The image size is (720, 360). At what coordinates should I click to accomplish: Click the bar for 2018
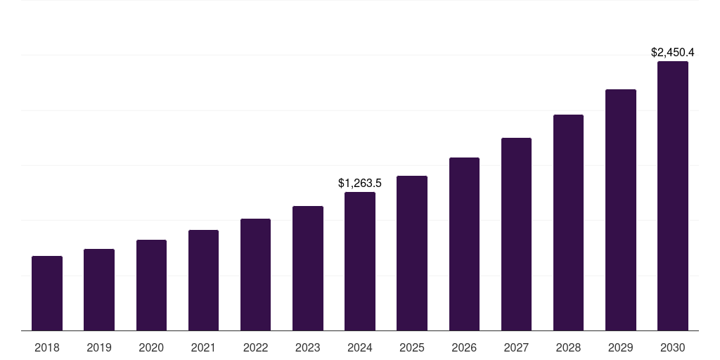click(x=47, y=293)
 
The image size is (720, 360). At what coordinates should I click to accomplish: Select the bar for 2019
click(x=99, y=290)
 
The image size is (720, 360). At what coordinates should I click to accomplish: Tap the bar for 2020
click(x=151, y=285)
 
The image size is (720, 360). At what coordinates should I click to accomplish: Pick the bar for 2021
click(x=203, y=280)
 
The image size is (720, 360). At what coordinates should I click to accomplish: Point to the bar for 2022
click(x=255, y=274)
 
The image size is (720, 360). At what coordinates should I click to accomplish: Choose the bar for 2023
click(x=308, y=268)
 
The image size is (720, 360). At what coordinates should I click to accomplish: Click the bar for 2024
click(x=360, y=261)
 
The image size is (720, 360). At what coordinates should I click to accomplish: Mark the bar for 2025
click(x=412, y=253)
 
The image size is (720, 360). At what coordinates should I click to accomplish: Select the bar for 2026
click(x=464, y=244)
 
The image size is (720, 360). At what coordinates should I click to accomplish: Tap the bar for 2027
click(x=516, y=234)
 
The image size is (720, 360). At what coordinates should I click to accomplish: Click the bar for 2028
click(x=568, y=222)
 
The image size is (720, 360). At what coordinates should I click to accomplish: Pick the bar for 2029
click(x=620, y=210)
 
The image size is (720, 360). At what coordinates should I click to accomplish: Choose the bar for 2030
click(x=673, y=195)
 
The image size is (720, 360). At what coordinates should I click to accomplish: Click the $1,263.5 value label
click(x=360, y=183)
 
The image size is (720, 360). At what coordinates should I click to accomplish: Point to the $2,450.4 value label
click(x=673, y=52)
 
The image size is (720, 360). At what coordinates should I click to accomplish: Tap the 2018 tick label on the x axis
click(x=47, y=347)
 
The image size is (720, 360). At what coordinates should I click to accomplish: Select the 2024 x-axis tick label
click(x=360, y=347)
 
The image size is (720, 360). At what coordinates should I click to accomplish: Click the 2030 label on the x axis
click(x=673, y=347)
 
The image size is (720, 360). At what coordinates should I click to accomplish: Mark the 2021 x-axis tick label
click(x=203, y=347)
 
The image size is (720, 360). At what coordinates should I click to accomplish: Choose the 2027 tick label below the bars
click(x=516, y=347)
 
